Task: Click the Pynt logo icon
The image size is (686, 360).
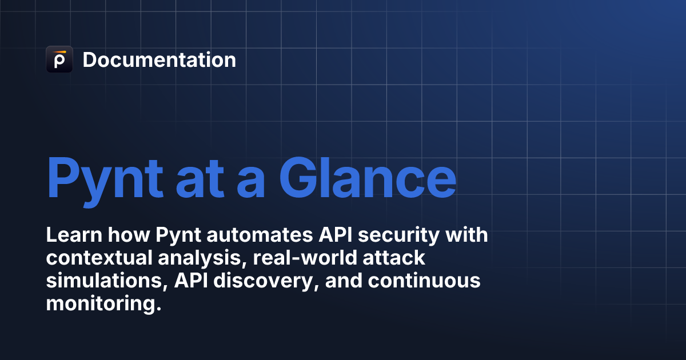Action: tap(59, 59)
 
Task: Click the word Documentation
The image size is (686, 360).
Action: tap(159, 59)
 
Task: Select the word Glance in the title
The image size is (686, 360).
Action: tap(368, 178)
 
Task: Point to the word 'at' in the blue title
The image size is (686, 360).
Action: tap(200, 181)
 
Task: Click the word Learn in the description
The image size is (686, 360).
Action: tap(74, 235)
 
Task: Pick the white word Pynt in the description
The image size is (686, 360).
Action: tap(178, 235)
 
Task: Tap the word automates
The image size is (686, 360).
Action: tap(260, 235)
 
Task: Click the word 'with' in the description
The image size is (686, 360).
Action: tap(466, 235)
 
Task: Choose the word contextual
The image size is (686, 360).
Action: tap(99, 258)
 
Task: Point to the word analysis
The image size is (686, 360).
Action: tap(202, 259)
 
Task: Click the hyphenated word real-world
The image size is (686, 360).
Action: tap(305, 258)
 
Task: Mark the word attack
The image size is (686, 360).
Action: tap(394, 258)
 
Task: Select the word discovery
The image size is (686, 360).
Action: tap(266, 282)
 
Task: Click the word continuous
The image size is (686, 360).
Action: tap(424, 281)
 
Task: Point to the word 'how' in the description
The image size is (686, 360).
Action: tap(129, 235)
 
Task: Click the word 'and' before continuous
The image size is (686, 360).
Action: tap(344, 281)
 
